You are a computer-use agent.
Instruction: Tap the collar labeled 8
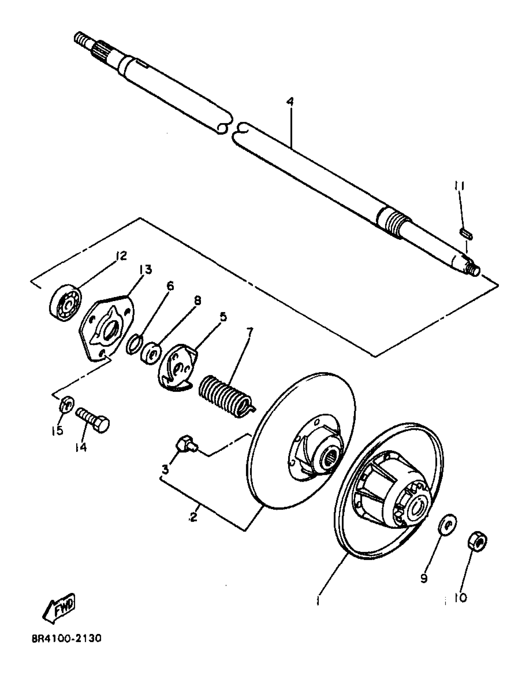pyautogui.click(x=151, y=351)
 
